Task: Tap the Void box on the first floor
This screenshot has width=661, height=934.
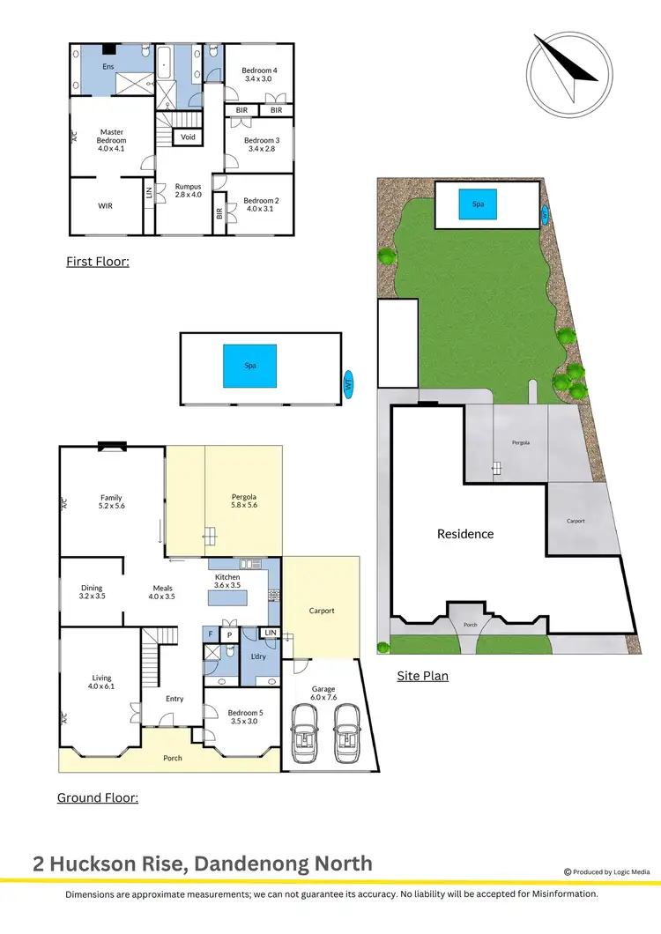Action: tap(188, 137)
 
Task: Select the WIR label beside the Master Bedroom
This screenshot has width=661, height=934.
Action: tap(105, 205)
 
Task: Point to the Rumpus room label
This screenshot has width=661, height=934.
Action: tap(188, 191)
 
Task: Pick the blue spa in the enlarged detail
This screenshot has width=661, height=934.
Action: tap(250, 365)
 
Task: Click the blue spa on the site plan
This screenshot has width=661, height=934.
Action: tap(478, 204)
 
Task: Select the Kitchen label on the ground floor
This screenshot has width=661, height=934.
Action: tap(227, 581)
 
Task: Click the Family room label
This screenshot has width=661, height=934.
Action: tap(111, 502)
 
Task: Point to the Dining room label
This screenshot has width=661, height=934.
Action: tap(92, 592)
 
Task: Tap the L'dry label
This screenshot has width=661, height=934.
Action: tap(259, 657)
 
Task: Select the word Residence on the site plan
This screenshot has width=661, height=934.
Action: tap(465, 534)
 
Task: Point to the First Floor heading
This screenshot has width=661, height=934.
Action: tap(97, 261)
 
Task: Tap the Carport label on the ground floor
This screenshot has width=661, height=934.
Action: tap(322, 611)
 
